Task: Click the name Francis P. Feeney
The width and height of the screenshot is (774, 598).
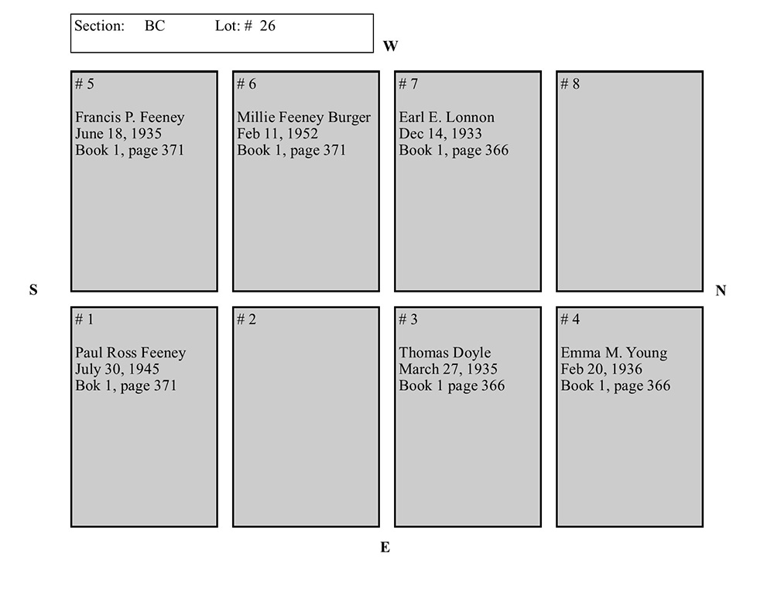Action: point(129,118)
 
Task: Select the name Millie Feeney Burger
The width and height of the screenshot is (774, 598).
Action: point(303,118)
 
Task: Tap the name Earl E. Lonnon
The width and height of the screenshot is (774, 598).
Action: point(447,118)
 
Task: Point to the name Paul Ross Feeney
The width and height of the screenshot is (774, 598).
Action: point(130,354)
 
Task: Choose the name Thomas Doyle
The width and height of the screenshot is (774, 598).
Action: point(445,354)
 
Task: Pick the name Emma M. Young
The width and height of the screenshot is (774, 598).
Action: point(614,354)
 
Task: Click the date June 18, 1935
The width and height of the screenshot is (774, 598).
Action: point(118,134)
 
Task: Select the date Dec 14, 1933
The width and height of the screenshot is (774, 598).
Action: point(440,134)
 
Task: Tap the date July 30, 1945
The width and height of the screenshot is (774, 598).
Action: point(117,369)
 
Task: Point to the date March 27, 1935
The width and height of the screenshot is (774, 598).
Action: point(448,369)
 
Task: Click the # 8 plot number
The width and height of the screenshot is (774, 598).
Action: point(570,84)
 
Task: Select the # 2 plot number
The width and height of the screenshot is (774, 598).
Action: point(246,320)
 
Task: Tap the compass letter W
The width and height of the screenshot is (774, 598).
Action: point(390,46)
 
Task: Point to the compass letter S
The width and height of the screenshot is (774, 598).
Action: point(33,290)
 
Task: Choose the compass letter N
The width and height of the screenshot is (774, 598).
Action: point(721,291)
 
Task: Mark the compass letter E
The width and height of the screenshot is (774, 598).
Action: point(385,548)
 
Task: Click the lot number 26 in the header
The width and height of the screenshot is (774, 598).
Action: point(267,26)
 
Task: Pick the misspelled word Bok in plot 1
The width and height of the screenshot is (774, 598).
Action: point(87,385)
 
